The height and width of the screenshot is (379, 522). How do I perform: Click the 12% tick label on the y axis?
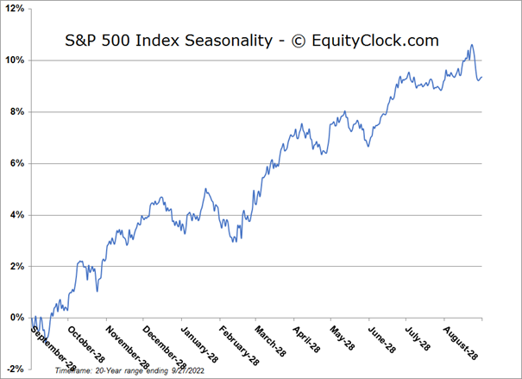[14, 9]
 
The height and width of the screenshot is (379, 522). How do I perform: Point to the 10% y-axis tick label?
[14, 60]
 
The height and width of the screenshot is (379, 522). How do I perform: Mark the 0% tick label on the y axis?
[16, 318]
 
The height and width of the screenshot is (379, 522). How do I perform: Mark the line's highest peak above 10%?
[471, 45]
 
